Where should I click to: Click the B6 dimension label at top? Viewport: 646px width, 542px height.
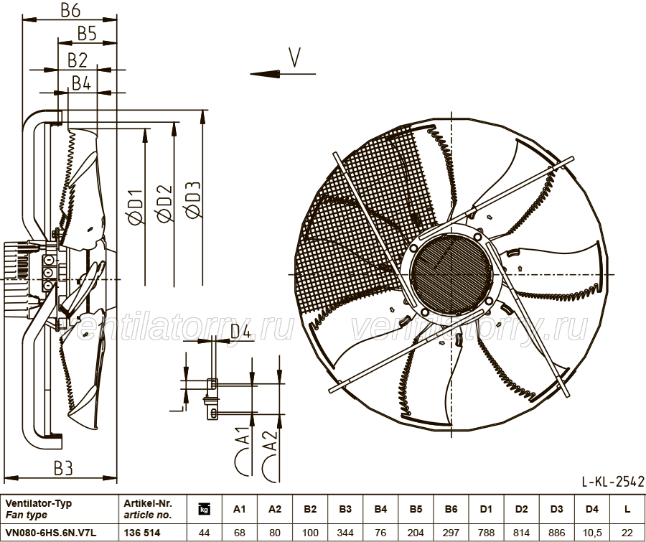[x=70, y=11]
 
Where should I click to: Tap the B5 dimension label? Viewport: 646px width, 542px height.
[x=87, y=34]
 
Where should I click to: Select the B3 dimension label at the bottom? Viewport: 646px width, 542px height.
[x=63, y=468]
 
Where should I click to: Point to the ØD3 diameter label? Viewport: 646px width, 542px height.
[x=193, y=200]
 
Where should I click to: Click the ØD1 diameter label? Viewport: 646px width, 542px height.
[x=136, y=207]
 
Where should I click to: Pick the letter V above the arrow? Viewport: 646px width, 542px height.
[x=294, y=57]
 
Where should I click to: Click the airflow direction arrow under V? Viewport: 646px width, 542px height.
[x=283, y=74]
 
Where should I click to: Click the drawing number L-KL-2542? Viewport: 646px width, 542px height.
[x=613, y=481]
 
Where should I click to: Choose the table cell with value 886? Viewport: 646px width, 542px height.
[x=556, y=533]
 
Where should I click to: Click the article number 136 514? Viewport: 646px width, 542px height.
[x=142, y=533]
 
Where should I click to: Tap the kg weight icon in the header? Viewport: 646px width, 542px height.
[x=205, y=509]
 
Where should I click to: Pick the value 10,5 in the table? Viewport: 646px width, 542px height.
[x=592, y=533]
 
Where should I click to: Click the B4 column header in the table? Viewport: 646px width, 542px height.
[x=380, y=509]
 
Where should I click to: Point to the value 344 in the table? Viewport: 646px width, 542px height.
[x=345, y=533]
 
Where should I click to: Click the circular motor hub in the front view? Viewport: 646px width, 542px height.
[x=451, y=274]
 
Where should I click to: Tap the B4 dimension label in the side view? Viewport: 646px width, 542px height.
[x=81, y=83]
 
